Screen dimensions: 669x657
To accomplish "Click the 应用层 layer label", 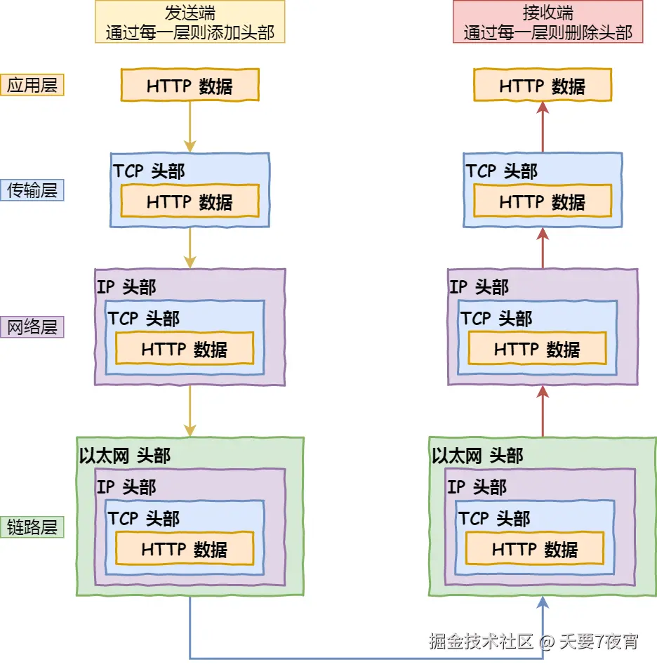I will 32,85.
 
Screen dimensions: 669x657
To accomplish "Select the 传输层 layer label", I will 32,190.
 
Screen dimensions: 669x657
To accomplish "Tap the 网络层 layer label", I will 32,327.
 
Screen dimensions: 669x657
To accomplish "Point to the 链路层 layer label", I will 32,527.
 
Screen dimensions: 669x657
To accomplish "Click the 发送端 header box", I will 190,22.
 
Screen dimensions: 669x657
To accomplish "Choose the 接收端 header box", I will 547,22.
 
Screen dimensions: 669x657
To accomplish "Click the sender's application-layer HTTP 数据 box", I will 190,86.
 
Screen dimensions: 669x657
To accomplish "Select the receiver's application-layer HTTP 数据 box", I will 542,86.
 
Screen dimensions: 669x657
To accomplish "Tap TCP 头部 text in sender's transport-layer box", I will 149,171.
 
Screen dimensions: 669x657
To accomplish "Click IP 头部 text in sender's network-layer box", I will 126,287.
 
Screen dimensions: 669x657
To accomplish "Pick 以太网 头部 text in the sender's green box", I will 125,456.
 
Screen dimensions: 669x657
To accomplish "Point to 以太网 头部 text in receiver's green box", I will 477,456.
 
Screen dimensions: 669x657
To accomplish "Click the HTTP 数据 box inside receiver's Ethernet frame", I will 534,549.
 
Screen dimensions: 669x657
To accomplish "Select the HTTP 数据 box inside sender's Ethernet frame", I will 184,549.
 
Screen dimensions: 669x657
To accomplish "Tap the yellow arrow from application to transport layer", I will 190,126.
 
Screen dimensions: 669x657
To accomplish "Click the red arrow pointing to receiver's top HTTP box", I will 542,126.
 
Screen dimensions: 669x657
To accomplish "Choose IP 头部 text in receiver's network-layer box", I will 479,287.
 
